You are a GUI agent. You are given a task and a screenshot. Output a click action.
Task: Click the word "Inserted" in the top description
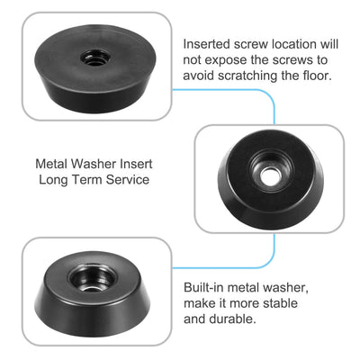pyautogui.click(x=209, y=43)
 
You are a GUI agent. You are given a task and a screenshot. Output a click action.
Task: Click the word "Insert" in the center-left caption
pyautogui.click(x=141, y=165)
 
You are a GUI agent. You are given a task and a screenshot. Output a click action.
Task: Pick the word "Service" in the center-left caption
pyautogui.click(x=122, y=180)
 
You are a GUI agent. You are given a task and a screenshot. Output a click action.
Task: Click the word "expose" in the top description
pyautogui.click(x=228, y=59)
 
